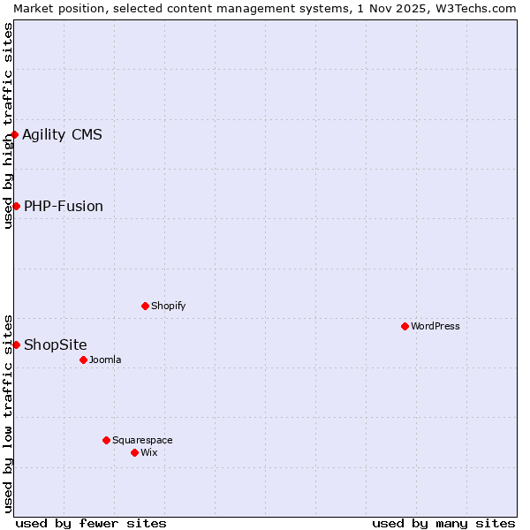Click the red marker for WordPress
tap(405, 326)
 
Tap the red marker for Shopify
tap(145, 306)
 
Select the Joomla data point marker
tap(83, 360)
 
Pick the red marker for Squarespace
tap(106, 440)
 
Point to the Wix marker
tap(134, 452)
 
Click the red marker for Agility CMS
tap(15, 135)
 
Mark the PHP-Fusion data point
tap(16, 206)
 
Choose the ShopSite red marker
tap(16, 344)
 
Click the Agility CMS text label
tap(62, 135)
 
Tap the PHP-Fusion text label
tap(64, 207)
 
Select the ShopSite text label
tap(56, 344)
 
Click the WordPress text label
tap(435, 326)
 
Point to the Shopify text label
tap(168, 306)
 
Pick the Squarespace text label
tap(142, 440)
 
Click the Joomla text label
tap(105, 360)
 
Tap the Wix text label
tap(149, 452)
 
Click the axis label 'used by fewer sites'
tap(91, 523)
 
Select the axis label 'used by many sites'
tap(443, 523)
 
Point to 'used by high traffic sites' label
tap(8, 125)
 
